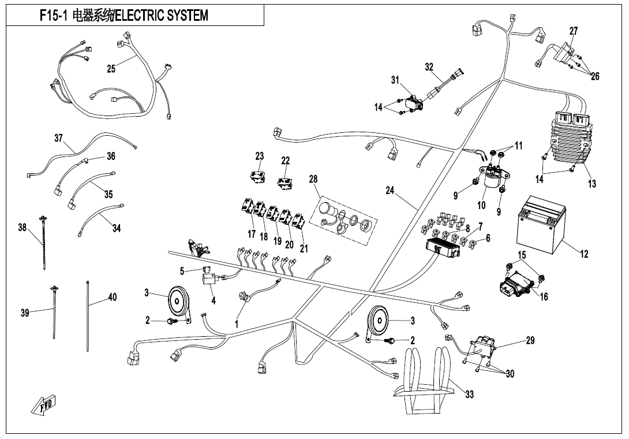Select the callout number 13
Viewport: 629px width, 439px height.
pos(592,184)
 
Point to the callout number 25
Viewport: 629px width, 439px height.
pos(111,69)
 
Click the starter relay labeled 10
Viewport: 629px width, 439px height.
pos(491,176)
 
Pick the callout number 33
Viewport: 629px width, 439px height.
pos(469,395)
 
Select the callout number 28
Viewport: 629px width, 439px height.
pos(313,180)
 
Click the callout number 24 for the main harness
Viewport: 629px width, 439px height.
pos(390,191)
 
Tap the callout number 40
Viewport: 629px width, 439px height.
pos(113,297)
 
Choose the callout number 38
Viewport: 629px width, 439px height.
pos(23,228)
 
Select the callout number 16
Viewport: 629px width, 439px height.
pos(544,297)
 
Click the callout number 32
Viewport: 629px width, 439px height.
pos(429,67)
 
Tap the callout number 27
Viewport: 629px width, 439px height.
pos(573,31)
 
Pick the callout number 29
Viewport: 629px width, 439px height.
pos(530,341)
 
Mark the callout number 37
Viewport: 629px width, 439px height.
pos(58,138)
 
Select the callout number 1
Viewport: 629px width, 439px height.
pos(236,325)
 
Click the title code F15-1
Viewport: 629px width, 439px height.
pos(54,16)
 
